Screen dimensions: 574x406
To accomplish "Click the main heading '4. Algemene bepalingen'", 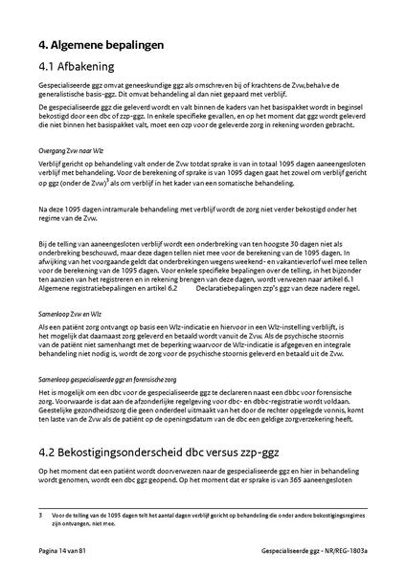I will point(101,44).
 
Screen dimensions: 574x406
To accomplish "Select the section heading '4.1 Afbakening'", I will point(77,67).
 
